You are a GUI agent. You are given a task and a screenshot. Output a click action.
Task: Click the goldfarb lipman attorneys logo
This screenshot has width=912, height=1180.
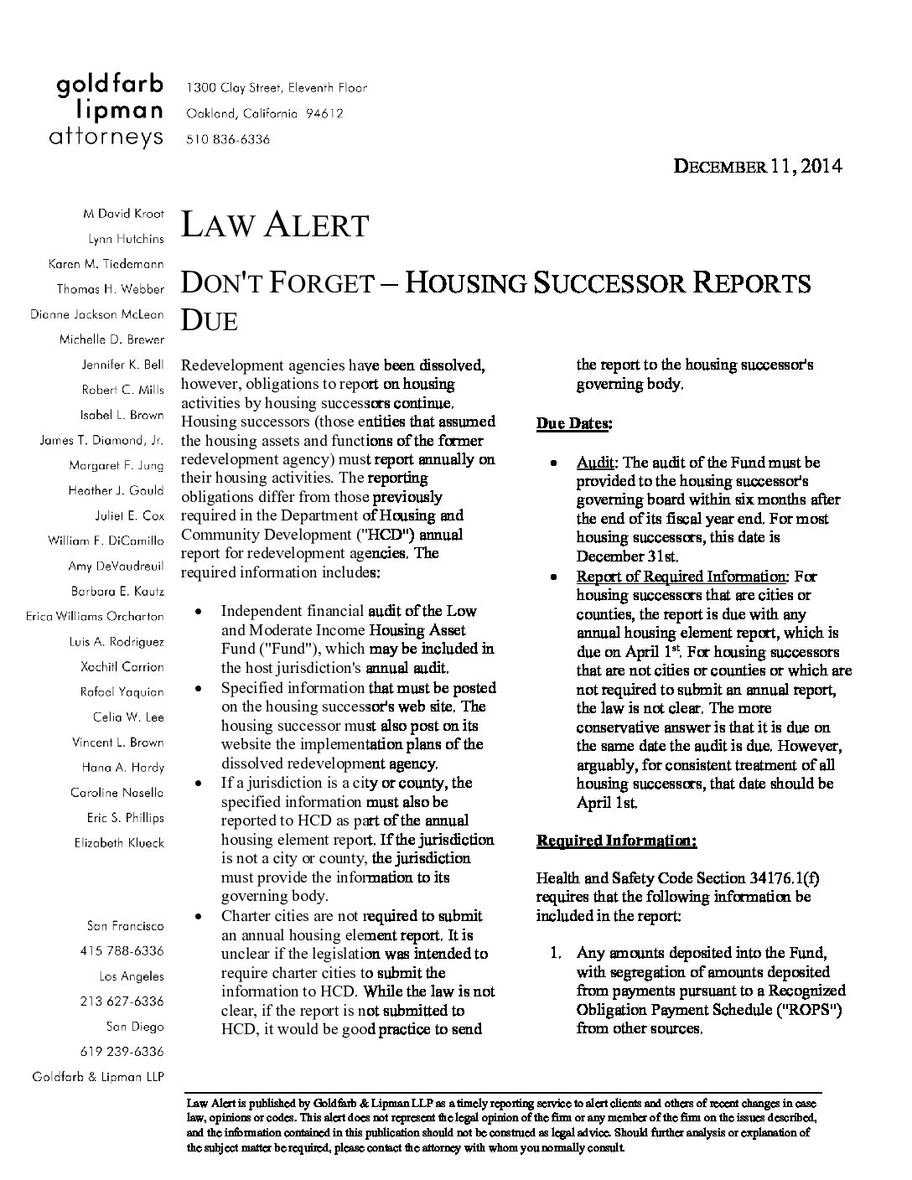tap(109, 111)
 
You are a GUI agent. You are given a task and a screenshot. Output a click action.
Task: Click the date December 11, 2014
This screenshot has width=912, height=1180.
tap(758, 166)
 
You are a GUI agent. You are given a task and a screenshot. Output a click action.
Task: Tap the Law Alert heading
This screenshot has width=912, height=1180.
tap(275, 225)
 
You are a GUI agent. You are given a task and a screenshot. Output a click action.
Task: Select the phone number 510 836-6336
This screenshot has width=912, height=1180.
tap(228, 140)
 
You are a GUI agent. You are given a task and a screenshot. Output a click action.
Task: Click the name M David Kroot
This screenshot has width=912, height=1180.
tap(123, 214)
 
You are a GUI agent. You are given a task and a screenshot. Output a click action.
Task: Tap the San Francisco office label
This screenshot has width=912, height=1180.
tap(125, 926)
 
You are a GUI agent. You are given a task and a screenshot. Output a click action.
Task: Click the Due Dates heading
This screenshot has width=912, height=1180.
tap(573, 424)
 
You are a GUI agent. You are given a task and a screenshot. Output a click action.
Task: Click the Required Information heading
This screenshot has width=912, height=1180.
tap(616, 841)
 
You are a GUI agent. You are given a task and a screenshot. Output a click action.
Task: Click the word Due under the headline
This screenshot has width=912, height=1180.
tap(210, 320)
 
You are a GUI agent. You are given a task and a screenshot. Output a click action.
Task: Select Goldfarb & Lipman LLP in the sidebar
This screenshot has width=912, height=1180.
tap(97, 1077)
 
